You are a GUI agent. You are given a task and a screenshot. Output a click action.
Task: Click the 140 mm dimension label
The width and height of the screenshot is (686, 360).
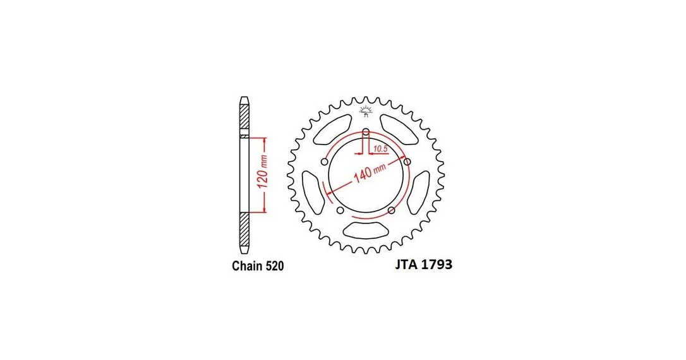pos(370,173)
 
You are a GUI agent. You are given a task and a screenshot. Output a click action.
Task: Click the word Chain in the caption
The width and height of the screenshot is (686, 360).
pos(247,266)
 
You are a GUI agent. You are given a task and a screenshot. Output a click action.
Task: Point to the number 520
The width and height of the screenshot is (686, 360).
pos(275,266)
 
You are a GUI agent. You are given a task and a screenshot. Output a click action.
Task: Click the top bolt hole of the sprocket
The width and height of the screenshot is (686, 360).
pos(366,131)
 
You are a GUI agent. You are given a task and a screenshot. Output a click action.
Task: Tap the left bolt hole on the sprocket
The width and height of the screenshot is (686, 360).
pos(325,162)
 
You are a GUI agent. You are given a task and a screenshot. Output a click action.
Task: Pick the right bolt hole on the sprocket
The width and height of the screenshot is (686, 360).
pos(407,162)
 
